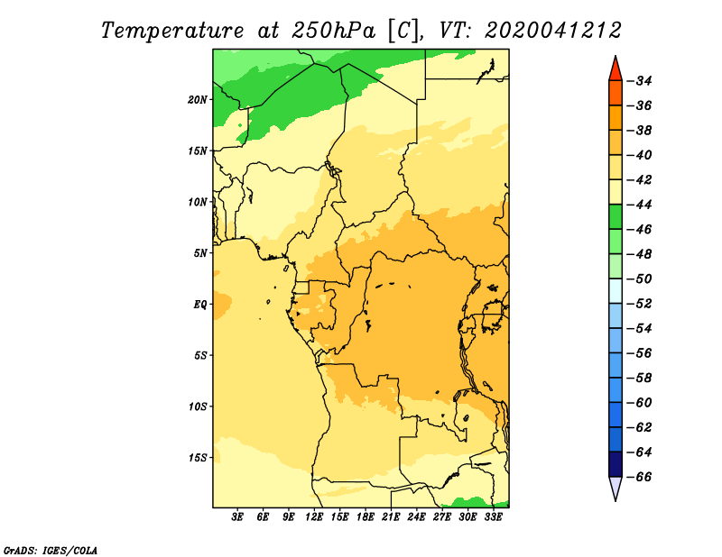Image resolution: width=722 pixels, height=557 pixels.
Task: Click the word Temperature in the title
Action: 172,31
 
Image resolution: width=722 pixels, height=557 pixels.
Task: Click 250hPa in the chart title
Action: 334,31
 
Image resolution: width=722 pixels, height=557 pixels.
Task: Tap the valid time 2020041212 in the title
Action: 553,31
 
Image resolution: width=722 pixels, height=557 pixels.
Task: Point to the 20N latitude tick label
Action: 198,100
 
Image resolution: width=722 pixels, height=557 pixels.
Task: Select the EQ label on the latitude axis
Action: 199,305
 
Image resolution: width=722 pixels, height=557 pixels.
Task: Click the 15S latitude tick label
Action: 198,458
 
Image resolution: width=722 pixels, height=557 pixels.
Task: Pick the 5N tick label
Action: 200,253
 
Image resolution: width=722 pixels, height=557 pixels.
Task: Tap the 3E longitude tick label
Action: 237,516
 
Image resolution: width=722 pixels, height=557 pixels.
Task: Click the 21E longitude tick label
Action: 391,516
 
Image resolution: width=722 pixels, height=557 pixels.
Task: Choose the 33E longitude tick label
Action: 493,516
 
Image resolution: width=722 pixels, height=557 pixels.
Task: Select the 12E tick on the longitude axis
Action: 314,516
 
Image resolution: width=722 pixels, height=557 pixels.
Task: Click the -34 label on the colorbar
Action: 640,81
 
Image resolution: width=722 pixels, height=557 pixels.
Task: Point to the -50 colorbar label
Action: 640,278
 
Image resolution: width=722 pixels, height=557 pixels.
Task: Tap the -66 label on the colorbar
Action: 640,477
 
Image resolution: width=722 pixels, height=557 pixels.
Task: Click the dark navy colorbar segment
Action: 616,464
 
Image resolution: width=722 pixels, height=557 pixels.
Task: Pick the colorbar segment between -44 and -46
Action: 616,216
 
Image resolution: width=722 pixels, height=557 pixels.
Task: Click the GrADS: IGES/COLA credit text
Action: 51,550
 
